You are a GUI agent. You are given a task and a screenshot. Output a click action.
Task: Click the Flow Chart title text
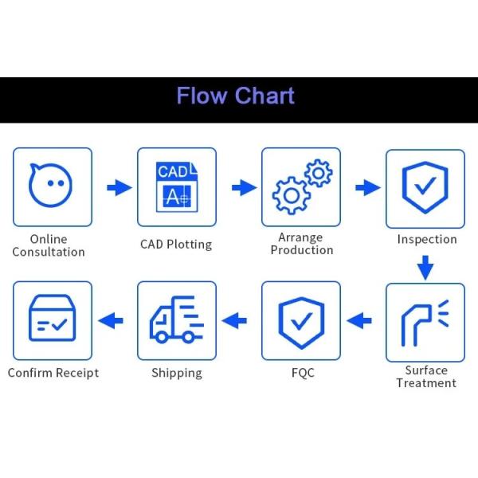235,96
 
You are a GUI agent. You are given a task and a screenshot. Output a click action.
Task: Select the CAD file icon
177,186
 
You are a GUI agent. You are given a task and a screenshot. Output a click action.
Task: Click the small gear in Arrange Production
318,173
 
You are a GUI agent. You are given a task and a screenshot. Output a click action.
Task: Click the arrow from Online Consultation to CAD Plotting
119,187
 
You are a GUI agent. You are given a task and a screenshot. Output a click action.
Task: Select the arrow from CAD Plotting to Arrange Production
245,187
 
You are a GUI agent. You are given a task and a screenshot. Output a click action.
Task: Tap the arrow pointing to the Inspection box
368,187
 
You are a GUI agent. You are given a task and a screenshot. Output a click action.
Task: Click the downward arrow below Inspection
425,268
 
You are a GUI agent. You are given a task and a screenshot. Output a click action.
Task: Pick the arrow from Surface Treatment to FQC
359,321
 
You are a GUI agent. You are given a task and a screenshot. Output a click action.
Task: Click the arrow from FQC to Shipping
234,321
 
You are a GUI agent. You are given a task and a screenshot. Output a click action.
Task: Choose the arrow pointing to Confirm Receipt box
111,321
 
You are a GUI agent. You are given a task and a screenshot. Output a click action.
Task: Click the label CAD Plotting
176,245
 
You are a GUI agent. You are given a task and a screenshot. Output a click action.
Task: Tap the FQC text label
303,373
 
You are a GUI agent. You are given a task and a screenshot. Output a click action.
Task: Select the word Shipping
177,373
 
